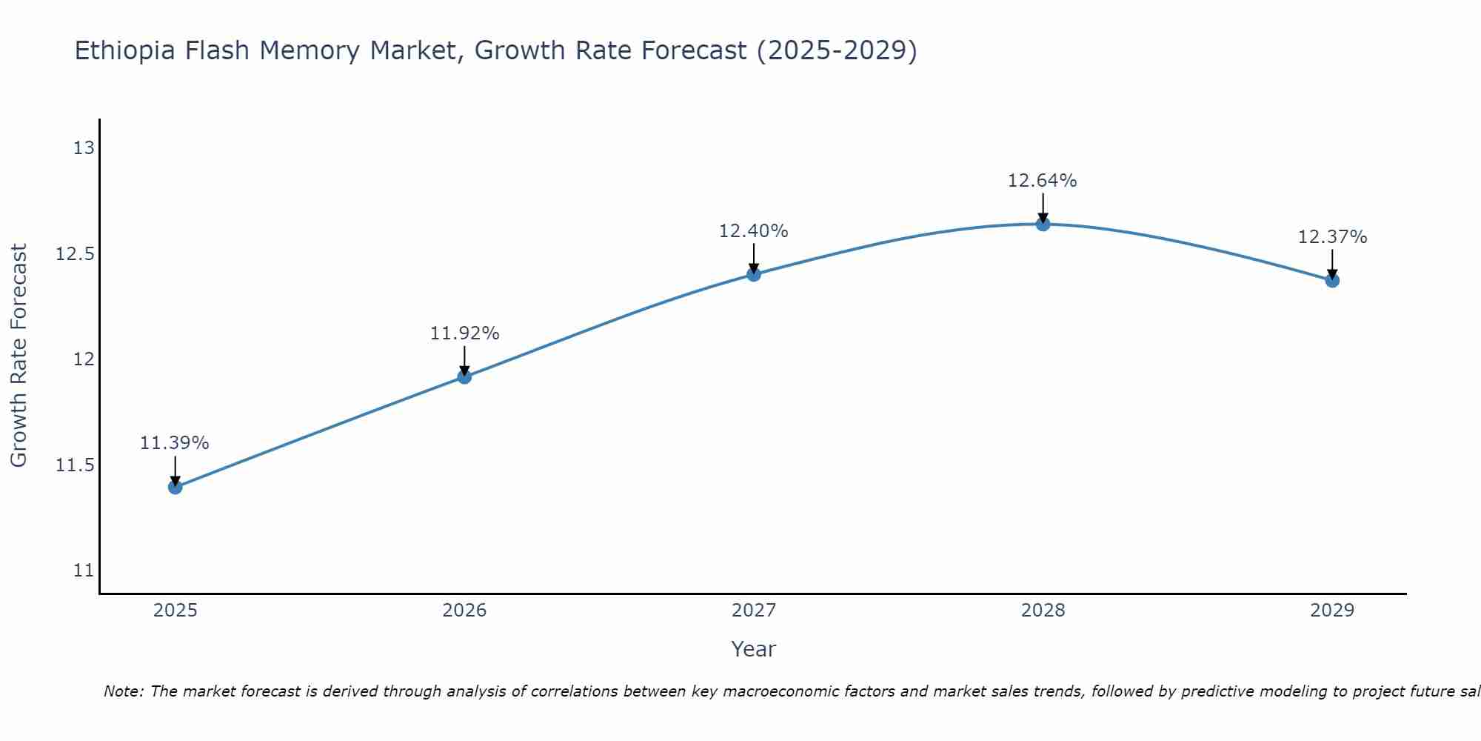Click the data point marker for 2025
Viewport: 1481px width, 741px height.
[x=175, y=487]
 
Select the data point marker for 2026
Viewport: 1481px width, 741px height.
[x=464, y=376]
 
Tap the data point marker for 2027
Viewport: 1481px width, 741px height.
[x=754, y=274]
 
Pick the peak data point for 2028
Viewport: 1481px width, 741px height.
[x=1043, y=224]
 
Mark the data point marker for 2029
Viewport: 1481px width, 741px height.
[x=1332, y=280]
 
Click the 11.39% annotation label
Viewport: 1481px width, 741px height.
[x=175, y=443]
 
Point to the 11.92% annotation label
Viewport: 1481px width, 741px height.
[x=464, y=333]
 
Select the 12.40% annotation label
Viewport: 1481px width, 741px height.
[x=754, y=231]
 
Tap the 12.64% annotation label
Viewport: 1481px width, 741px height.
[x=1043, y=180]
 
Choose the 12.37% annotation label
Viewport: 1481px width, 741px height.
[x=1332, y=237]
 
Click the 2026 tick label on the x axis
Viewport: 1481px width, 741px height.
[x=464, y=611]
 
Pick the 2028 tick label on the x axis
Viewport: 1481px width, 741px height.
[x=1043, y=611]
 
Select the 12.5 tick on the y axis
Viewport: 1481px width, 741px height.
[x=76, y=254]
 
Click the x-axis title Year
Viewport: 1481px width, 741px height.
[x=754, y=649]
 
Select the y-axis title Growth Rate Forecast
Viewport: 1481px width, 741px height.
[x=19, y=356]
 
